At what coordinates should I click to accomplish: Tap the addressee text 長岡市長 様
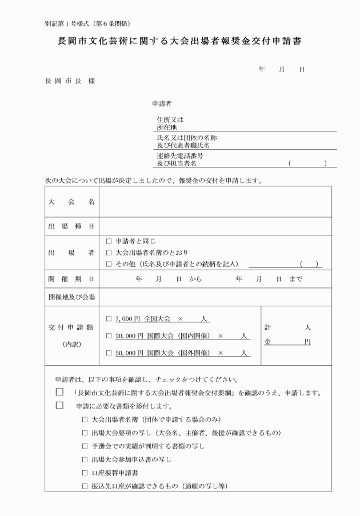70,81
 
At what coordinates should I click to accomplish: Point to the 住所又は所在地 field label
170,124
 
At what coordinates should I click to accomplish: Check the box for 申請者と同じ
109,241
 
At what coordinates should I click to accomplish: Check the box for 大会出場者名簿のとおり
109,252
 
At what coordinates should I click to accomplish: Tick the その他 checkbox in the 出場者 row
109,263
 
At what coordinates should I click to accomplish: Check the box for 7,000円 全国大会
109,317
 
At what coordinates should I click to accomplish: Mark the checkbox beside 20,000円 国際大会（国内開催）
109,335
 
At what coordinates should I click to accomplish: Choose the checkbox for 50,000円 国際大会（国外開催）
109,353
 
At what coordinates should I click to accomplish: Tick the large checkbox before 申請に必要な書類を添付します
59,406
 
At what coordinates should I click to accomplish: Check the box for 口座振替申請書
85,473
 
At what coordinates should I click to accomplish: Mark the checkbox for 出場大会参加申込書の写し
85,459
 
